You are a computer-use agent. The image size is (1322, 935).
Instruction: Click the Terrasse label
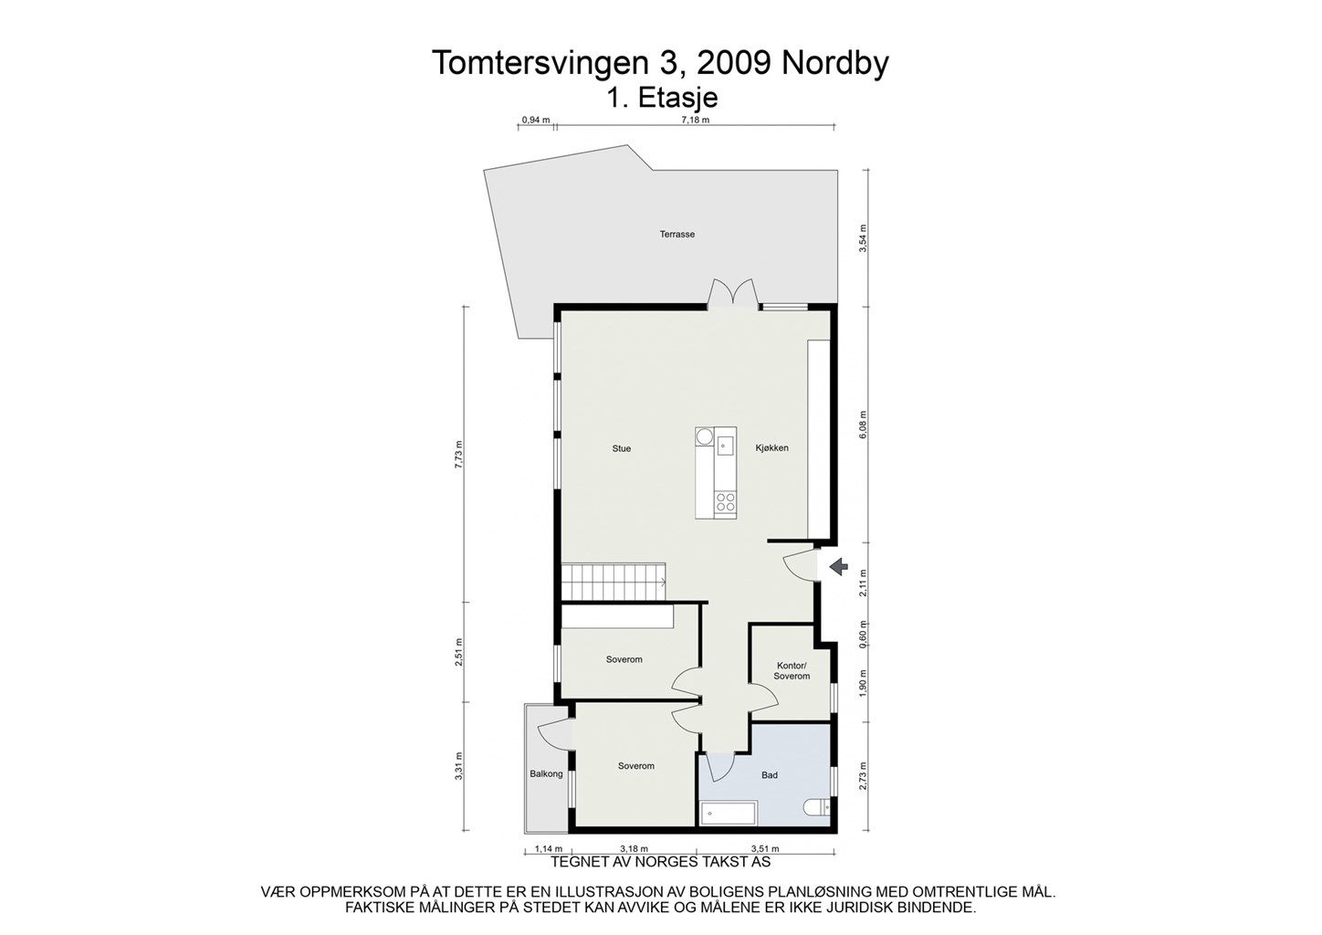pos(677,235)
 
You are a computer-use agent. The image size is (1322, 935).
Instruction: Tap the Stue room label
pos(622,448)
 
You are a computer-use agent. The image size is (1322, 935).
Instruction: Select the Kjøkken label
pos(771,448)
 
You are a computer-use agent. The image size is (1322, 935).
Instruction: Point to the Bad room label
pos(770,775)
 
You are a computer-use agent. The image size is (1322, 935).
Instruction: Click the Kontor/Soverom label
pos(792,671)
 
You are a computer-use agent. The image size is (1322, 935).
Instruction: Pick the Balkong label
pos(546,774)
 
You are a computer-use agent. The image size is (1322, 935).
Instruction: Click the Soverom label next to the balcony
pos(635,766)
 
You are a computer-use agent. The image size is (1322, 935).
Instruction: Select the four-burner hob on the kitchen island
pos(726,500)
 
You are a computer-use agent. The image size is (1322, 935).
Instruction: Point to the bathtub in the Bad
pos(728,813)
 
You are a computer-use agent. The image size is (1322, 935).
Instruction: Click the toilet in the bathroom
pos(815,807)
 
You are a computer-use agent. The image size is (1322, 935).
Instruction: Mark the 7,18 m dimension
pos(695,120)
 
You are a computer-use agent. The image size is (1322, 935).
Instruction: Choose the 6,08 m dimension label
pos(864,425)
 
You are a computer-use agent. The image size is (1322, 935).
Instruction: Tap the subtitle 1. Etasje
pos(662,97)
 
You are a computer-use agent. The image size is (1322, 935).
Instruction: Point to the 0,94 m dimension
pos(535,120)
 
